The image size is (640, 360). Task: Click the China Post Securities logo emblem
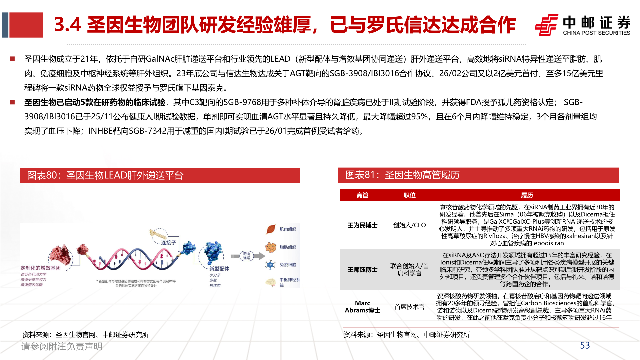pyautogui.click(x=546, y=25)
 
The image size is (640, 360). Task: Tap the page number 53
pyautogui.click(x=585, y=345)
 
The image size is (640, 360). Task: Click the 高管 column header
pyautogui.click(x=362, y=195)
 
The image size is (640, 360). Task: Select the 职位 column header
pyautogui.click(x=409, y=195)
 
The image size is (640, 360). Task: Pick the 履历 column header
pyautogui.click(x=527, y=195)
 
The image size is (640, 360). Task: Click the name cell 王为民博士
pyautogui.click(x=362, y=225)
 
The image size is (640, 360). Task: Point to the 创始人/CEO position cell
pyautogui.click(x=409, y=225)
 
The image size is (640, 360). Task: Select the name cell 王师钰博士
pyautogui.click(x=362, y=270)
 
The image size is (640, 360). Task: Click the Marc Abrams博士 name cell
pyautogui.click(x=362, y=307)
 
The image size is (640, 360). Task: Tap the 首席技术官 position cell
pyautogui.click(x=409, y=307)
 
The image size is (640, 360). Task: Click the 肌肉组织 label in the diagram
pyautogui.click(x=288, y=229)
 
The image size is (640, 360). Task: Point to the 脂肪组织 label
pyautogui.click(x=288, y=247)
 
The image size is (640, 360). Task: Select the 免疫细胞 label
pyautogui.click(x=288, y=265)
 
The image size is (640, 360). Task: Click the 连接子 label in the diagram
pyautogui.click(x=168, y=243)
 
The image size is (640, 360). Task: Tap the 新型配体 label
pyautogui.click(x=219, y=269)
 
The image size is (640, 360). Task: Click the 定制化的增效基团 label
pyautogui.click(x=40, y=268)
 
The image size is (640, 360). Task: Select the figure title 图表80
pyautogui.click(x=105, y=175)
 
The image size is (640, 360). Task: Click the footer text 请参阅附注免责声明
pyautogui.click(x=62, y=347)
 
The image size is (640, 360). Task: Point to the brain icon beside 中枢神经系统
pyautogui.click(x=270, y=283)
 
